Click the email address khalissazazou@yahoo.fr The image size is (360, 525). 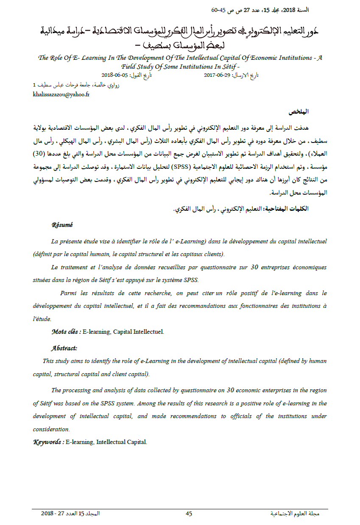[61, 94]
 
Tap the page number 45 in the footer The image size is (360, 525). [189, 514]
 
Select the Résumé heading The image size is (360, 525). [62, 225]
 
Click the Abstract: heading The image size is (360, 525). [64, 348]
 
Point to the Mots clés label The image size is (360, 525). [66, 332]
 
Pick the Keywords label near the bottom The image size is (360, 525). [49, 442]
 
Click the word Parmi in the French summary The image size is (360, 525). [68, 293]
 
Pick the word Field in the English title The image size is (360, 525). [131, 67]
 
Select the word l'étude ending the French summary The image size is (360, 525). [42, 318]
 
